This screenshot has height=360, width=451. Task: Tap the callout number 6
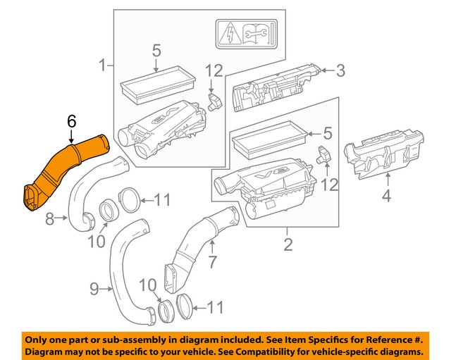point(71,122)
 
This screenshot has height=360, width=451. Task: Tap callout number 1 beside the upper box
point(102,67)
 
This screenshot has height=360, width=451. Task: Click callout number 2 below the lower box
point(287,245)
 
